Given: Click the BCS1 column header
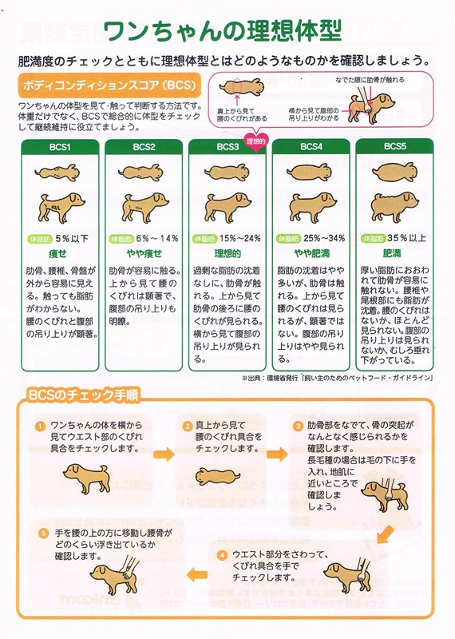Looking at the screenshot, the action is tap(60, 147).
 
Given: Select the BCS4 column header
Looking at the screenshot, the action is tap(311, 147).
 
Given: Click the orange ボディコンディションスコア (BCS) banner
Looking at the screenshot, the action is tap(109, 85).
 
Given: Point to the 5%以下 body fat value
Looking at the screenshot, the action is tap(72, 238).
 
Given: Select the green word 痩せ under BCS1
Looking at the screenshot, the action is tap(57, 254).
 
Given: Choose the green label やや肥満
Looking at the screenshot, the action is tap(311, 254).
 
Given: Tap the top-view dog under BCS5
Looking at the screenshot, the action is tap(394, 172).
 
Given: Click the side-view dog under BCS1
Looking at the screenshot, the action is tap(61, 207).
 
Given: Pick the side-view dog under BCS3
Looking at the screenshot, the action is tap(227, 207).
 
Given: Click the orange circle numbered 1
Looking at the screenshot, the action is tap(41, 427).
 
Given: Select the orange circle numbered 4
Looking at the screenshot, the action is tap(222, 555).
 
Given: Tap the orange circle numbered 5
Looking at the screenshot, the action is tap(44, 534).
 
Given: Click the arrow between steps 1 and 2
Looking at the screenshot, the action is tap(164, 454).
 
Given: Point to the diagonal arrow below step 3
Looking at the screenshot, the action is tap(385, 534).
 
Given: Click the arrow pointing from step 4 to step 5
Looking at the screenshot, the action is tap(197, 575).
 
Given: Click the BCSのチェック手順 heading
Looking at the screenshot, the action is tap(84, 395).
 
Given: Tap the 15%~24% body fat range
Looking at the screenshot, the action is tap(240, 238).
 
